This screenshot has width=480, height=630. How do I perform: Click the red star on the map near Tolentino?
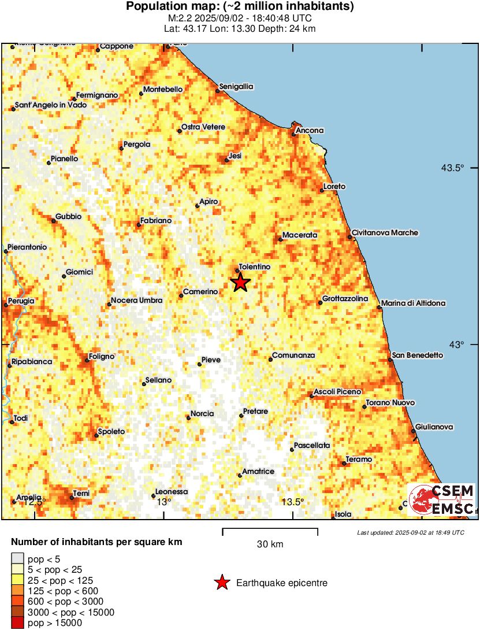tap(240, 283)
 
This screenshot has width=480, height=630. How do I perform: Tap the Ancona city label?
tap(310, 131)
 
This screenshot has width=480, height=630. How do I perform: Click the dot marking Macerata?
tap(280, 239)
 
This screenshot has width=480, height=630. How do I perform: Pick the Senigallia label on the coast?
tap(237, 87)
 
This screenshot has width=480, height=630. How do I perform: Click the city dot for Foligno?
tap(87, 360)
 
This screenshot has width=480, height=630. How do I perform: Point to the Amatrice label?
tap(258, 472)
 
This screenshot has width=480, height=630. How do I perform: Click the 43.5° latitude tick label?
tap(453, 168)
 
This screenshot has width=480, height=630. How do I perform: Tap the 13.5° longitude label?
tap(293, 502)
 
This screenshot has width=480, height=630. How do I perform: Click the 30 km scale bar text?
tap(270, 544)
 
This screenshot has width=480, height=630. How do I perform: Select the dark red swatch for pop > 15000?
tap(18, 622)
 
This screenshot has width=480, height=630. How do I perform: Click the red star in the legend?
tap(222, 583)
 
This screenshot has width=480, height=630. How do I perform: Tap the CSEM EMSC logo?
tap(441, 500)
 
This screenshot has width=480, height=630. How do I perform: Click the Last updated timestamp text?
tap(410, 532)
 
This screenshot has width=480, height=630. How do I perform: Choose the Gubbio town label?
tap(69, 217)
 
